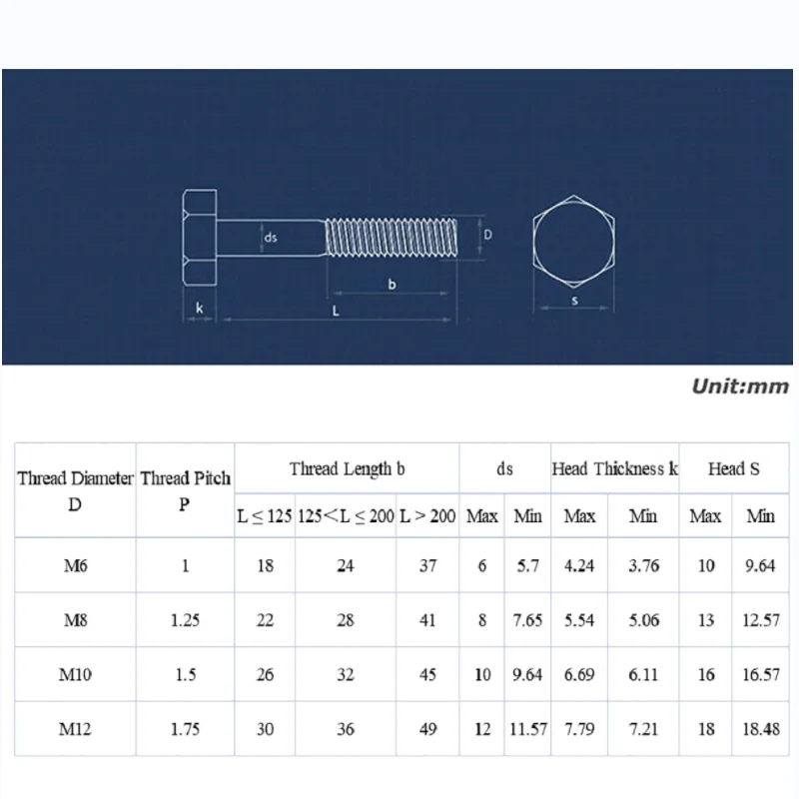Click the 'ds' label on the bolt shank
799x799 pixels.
click(270, 238)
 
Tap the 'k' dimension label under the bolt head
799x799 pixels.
click(199, 308)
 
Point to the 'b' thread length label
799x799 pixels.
click(392, 284)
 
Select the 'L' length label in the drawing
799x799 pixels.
click(336, 311)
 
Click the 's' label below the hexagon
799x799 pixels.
click(574, 301)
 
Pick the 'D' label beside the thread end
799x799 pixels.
click(487, 235)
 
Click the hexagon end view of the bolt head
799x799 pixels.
click(573, 240)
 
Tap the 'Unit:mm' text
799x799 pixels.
click(740, 387)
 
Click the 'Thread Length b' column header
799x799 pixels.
click(347, 468)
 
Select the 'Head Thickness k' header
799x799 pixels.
click(614, 468)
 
